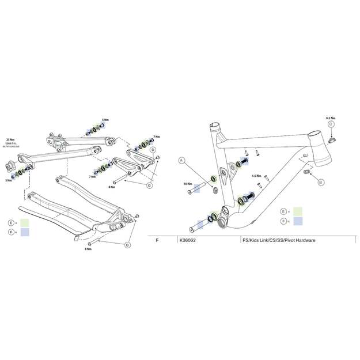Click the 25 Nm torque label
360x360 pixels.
coord(9,139)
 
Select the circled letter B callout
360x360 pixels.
coord(321,182)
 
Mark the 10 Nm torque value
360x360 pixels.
coord(188,184)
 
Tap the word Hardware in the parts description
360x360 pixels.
coord(303,240)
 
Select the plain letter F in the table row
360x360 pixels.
coord(157,240)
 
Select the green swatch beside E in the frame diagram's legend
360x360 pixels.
coord(298,211)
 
